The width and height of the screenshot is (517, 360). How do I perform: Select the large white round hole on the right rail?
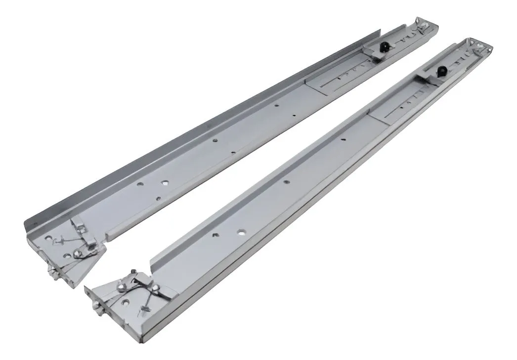[x=241, y=231]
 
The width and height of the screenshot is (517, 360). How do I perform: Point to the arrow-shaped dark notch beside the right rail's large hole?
[x=215, y=235]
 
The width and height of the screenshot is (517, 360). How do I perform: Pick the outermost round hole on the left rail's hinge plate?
[x=48, y=238]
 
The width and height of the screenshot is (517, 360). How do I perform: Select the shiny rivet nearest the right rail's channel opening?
[x=157, y=285]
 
